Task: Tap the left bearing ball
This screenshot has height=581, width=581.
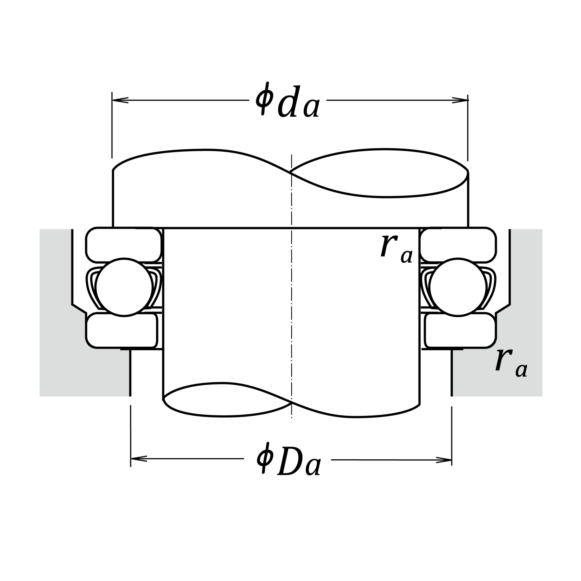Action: (x=124, y=287)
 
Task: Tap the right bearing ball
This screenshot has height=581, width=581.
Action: (x=458, y=287)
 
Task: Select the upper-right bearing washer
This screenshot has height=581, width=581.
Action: (x=458, y=245)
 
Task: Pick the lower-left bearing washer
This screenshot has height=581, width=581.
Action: (x=122, y=330)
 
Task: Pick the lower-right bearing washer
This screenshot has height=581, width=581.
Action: (x=460, y=330)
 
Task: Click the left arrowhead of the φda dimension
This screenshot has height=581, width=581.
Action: (x=120, y=100)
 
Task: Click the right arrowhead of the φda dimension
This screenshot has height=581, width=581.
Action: (x=460, y=100)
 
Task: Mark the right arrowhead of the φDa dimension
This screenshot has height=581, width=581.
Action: (x=444, y=460)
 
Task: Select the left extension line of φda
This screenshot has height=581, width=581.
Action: (x=112, y=125)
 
